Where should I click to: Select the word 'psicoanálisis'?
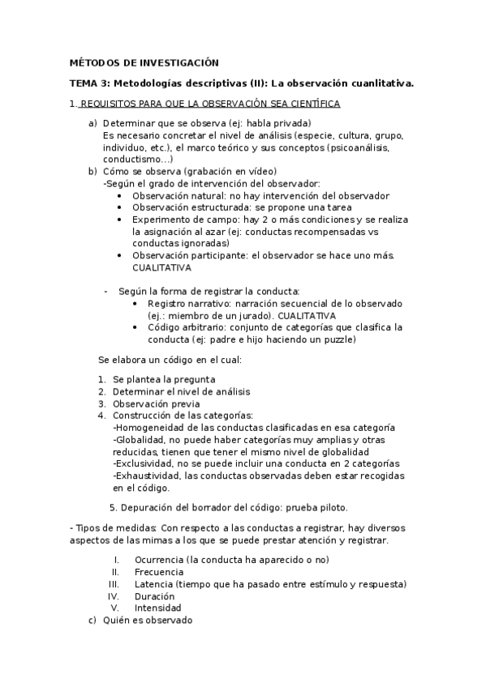[359, 147]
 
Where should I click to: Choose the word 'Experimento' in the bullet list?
[161, 220]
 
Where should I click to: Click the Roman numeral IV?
[114, 596]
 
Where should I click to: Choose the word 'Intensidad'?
[157, 608]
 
